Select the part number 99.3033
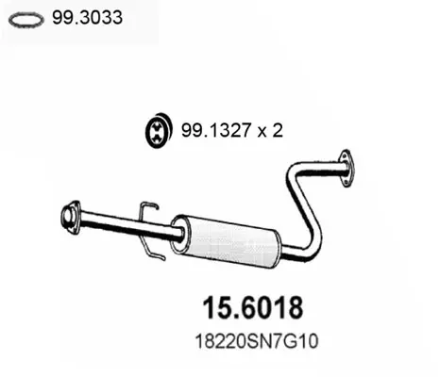click(x=87, y=17)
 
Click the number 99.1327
click(x=215, y=130)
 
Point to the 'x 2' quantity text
click(x=270, y=130)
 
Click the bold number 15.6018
click(x=253, y=308)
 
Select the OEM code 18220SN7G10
click(x=257, y=341)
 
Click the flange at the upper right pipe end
click(x=347, y=168)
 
